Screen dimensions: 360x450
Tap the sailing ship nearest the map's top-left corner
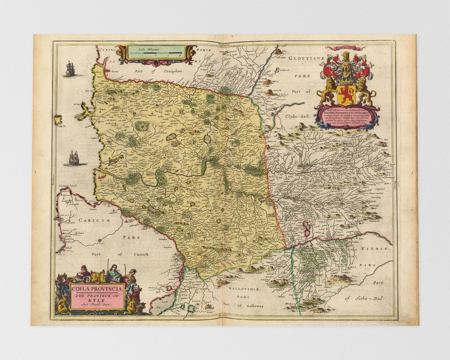tap(70, 69)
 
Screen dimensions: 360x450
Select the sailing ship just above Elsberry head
tap(74, 158)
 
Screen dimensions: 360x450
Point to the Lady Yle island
tap(58, 120)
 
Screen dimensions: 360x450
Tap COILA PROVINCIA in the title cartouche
tap(97, 289)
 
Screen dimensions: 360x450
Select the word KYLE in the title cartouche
tap(97, 302)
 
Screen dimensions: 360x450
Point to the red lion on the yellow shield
tap(346, 95)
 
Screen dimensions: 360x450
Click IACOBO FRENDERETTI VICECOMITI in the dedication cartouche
tap(347, 112)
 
